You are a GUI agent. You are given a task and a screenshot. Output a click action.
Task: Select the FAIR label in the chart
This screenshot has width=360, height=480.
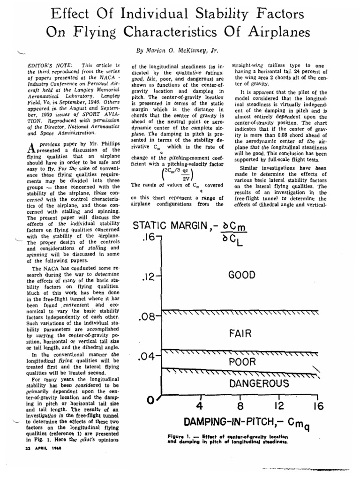tap(241, 334)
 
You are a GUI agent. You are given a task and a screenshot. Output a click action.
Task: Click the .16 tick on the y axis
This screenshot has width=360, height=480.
tap(147, 238)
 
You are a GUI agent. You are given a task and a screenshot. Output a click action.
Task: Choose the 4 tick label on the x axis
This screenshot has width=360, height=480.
tap(200, 406)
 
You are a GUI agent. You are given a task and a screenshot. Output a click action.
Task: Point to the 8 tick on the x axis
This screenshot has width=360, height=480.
tap(240, 406)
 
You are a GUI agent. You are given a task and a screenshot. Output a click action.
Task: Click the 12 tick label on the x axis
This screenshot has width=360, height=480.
tap(279, 406)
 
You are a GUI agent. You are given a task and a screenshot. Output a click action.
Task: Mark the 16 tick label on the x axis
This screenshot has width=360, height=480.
tap(318, 406)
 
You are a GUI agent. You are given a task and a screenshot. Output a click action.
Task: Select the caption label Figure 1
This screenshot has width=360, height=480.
tap(180, 436)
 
